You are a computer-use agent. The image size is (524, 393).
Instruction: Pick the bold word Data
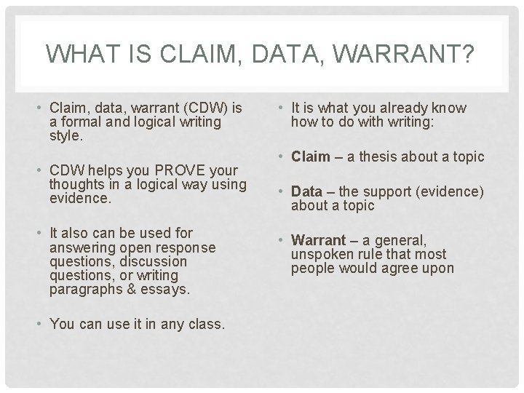pyautogui.click(x=306, y=192)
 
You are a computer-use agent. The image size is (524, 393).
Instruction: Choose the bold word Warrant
pyautogui.click(x=317, y=239)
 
